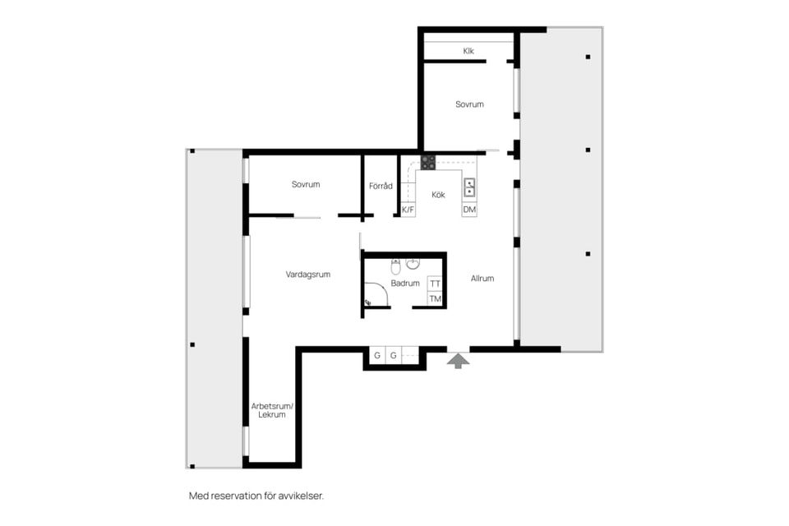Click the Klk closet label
click(468, 51)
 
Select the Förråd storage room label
click(381, 186)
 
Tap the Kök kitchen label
click(438, 195)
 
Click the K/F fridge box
click(408, 210)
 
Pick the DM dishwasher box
click(469, 210)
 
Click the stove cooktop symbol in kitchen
click(428, 163)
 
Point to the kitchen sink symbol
click(469, 187)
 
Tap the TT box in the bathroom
click(436, 284)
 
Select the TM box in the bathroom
click(436, 298)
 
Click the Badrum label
click(405, 284)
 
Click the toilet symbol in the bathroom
click(395, 266)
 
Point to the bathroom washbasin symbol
click(413, 264)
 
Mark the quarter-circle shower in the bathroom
click(375, 294)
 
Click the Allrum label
click(482, 279)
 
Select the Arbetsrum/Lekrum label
click(272, 411)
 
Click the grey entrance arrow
click(458, 360)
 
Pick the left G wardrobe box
click(377, 356)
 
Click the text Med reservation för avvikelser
click(256, 496)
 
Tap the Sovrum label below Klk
click(469, 104)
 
